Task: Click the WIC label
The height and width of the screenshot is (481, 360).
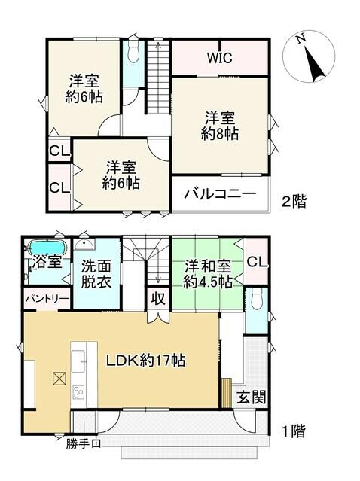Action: (x=220, y=58)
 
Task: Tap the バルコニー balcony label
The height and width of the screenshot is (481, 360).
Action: (x=220, y=194)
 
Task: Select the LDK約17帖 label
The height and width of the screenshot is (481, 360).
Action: (x=145, y=361)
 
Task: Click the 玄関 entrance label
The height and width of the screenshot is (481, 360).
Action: (x=251, y=397)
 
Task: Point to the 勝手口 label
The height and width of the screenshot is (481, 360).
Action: (x=84, y=444)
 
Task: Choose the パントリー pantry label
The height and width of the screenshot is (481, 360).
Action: (x=47, y=299)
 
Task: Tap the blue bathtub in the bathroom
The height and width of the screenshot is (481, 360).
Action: (x=47, y=247)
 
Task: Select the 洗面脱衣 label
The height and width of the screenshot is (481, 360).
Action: (x=96, y=274)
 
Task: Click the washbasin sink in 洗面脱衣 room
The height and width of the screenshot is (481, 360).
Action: (x=84, y=244)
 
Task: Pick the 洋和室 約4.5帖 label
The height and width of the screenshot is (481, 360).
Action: (x=207, y=274)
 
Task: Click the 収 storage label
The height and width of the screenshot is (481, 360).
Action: (x=158, y=299)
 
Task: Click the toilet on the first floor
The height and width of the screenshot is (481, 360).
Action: (x=256, y=299)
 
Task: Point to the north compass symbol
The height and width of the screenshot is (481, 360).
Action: (x=309, y=56)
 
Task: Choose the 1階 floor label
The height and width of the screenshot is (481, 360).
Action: (x=294, y=431)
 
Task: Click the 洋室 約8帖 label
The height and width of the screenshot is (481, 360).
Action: (x=220, y=126)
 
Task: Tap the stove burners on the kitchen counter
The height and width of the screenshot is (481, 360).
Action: (x=78, y=392)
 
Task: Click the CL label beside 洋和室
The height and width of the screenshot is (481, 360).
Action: (x=257, y=262)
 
